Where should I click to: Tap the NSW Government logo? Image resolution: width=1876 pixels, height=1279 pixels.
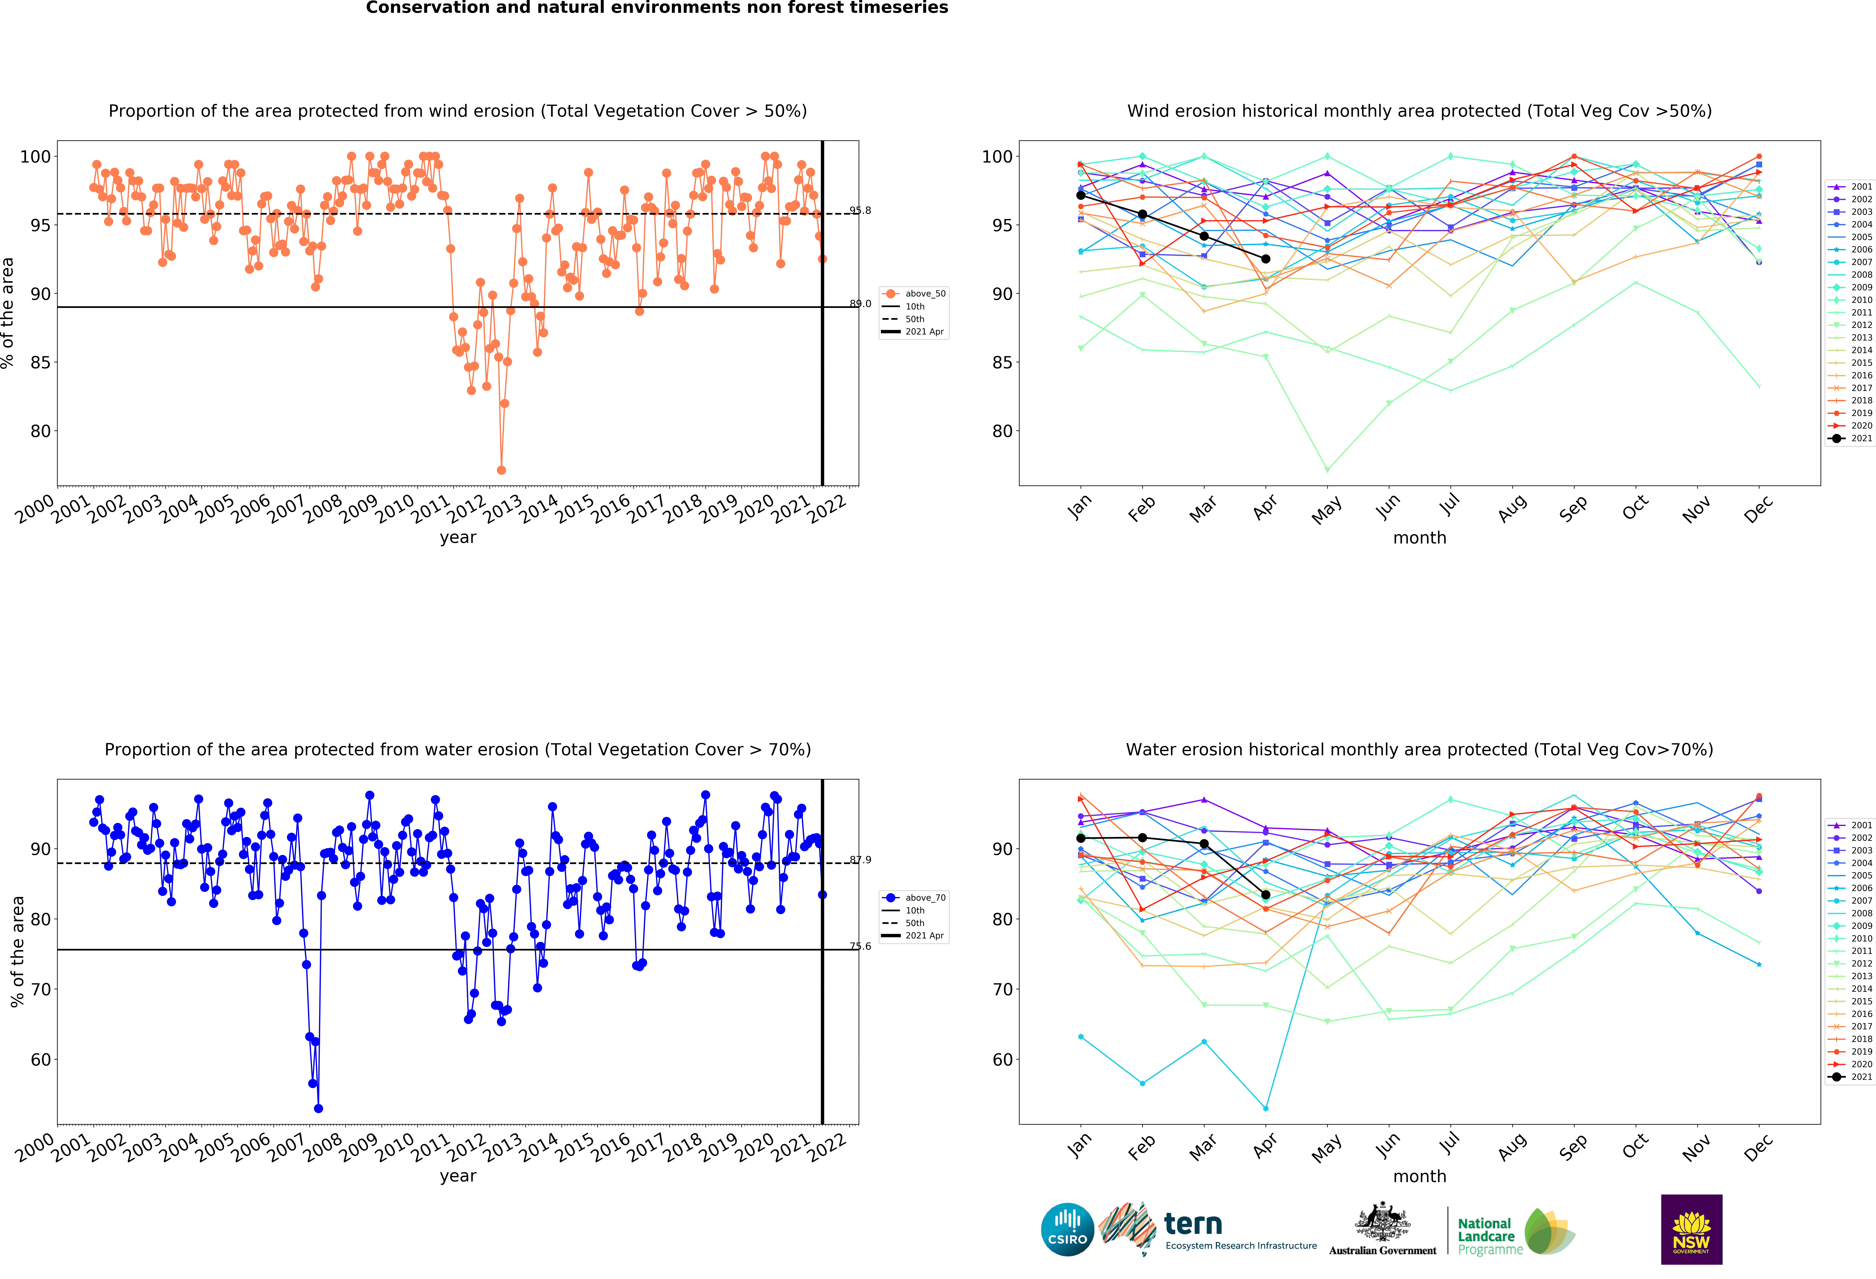pyautogui.click(x=1691, y=1229)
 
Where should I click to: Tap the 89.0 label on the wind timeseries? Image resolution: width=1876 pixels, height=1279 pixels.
pyautogui.click(x=860, y=304)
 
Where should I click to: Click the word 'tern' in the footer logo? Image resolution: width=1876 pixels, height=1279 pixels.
pyautogui.click(x=1193, y=1224)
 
